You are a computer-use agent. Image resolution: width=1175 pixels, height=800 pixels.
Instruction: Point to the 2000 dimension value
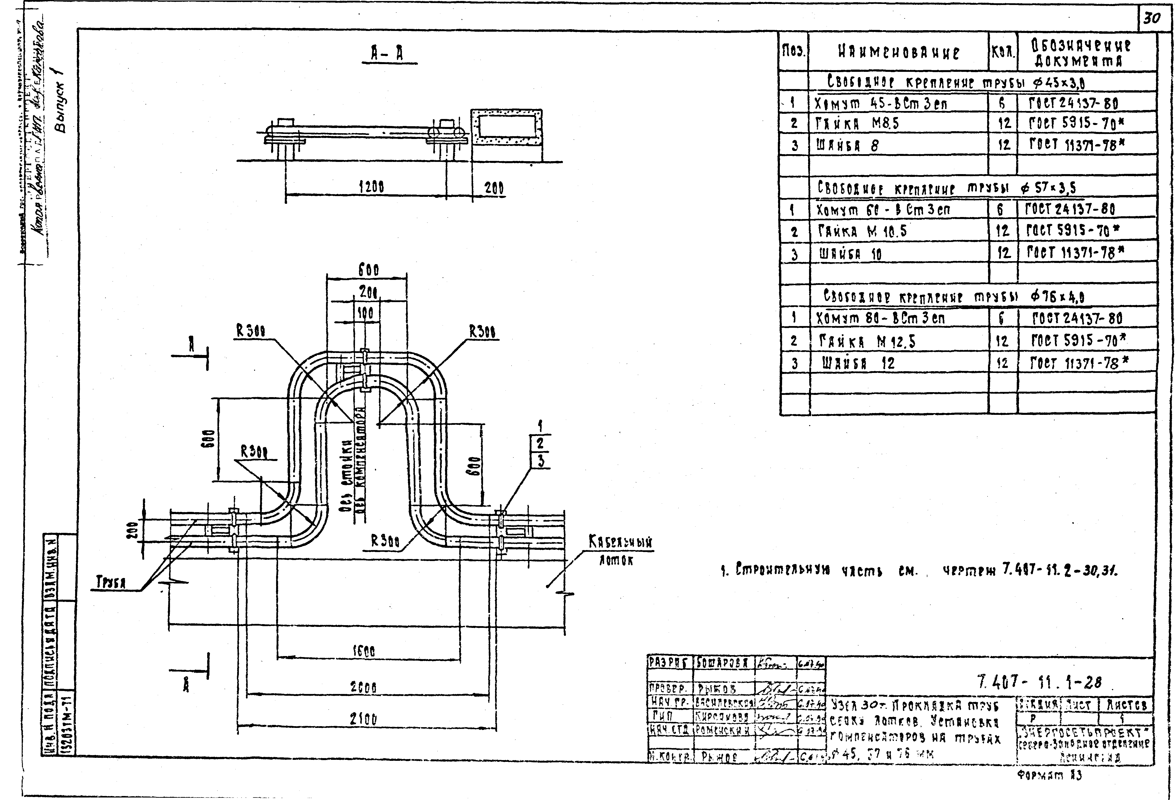click(363, 687)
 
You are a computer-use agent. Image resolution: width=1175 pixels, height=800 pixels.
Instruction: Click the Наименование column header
click(898, 53)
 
